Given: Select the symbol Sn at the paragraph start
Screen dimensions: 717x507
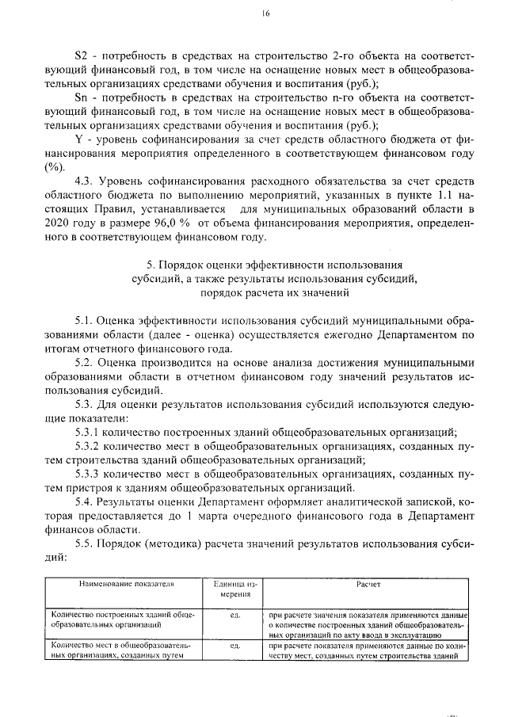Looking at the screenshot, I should click(80, 97).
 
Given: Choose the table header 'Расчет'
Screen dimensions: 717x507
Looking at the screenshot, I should click(368, 584).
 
